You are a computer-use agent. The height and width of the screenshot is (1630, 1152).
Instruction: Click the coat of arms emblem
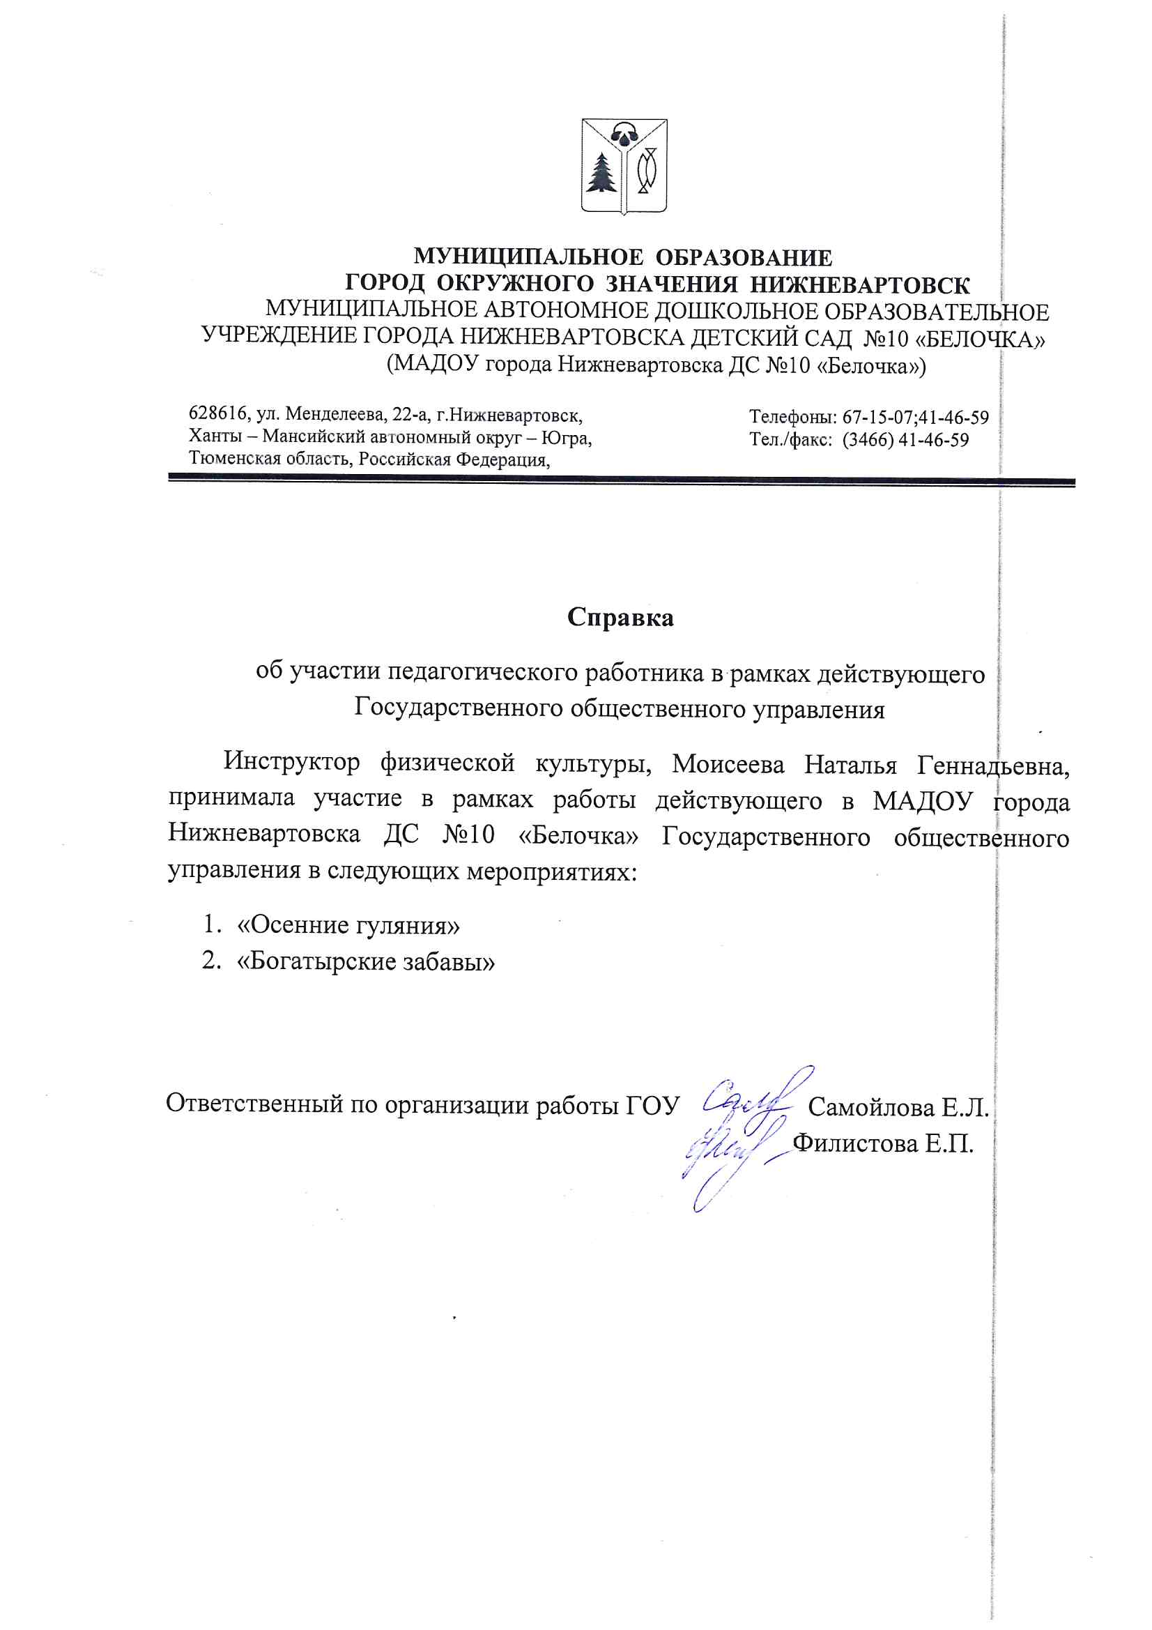click(624, 166)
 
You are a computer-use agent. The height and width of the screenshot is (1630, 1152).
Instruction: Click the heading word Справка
click(620, 618)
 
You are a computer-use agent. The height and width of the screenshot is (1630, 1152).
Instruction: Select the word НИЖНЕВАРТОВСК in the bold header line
click(859, 284)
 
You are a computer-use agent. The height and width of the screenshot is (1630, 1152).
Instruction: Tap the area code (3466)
click(868, 440)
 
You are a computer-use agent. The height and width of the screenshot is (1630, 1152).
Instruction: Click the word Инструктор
click(292, 762)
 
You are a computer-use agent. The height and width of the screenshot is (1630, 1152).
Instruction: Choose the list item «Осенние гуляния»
click(348, 925)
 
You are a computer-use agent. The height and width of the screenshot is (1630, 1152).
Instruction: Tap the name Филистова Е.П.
click(882, 1143)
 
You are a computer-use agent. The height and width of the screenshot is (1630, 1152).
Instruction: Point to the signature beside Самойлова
click(753, 1100)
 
